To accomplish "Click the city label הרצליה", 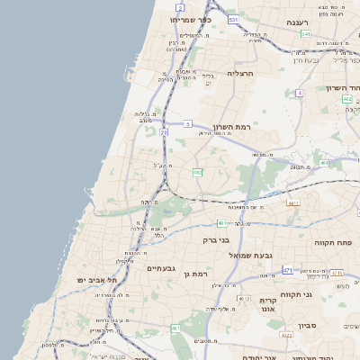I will [241, 73].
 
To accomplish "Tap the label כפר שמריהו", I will [190, 19].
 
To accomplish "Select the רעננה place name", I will [297, 22].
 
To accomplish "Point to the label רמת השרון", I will [230, 127].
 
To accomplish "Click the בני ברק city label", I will [238, 240].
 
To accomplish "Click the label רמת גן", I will [195, 273].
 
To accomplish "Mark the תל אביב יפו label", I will [93, 280].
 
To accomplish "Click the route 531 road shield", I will [234, 20].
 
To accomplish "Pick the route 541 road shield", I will [306, 34].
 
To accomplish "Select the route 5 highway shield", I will [187, 122].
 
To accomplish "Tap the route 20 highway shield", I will [165, 132].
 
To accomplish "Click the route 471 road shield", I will [288, 270].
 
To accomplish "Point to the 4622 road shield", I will [286, 335].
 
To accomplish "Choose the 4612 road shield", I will [244, 298].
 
